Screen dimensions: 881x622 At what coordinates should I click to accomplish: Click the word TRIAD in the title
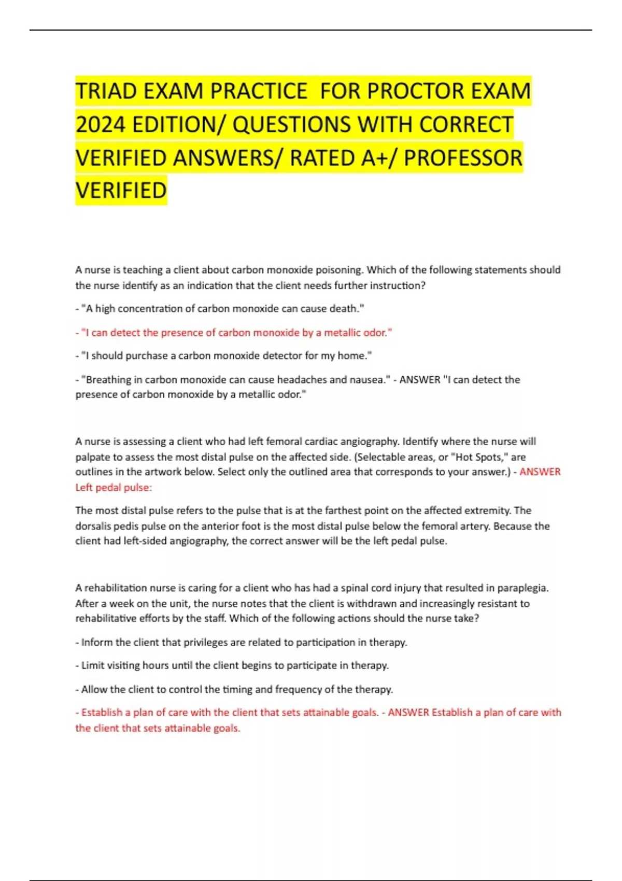[x=106, y=91]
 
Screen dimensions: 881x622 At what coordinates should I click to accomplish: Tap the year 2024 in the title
[x=101, y=125]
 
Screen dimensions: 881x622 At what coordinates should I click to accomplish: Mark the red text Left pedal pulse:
[x=114, y=488]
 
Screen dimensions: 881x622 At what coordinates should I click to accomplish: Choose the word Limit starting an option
[x=92, y=665]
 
